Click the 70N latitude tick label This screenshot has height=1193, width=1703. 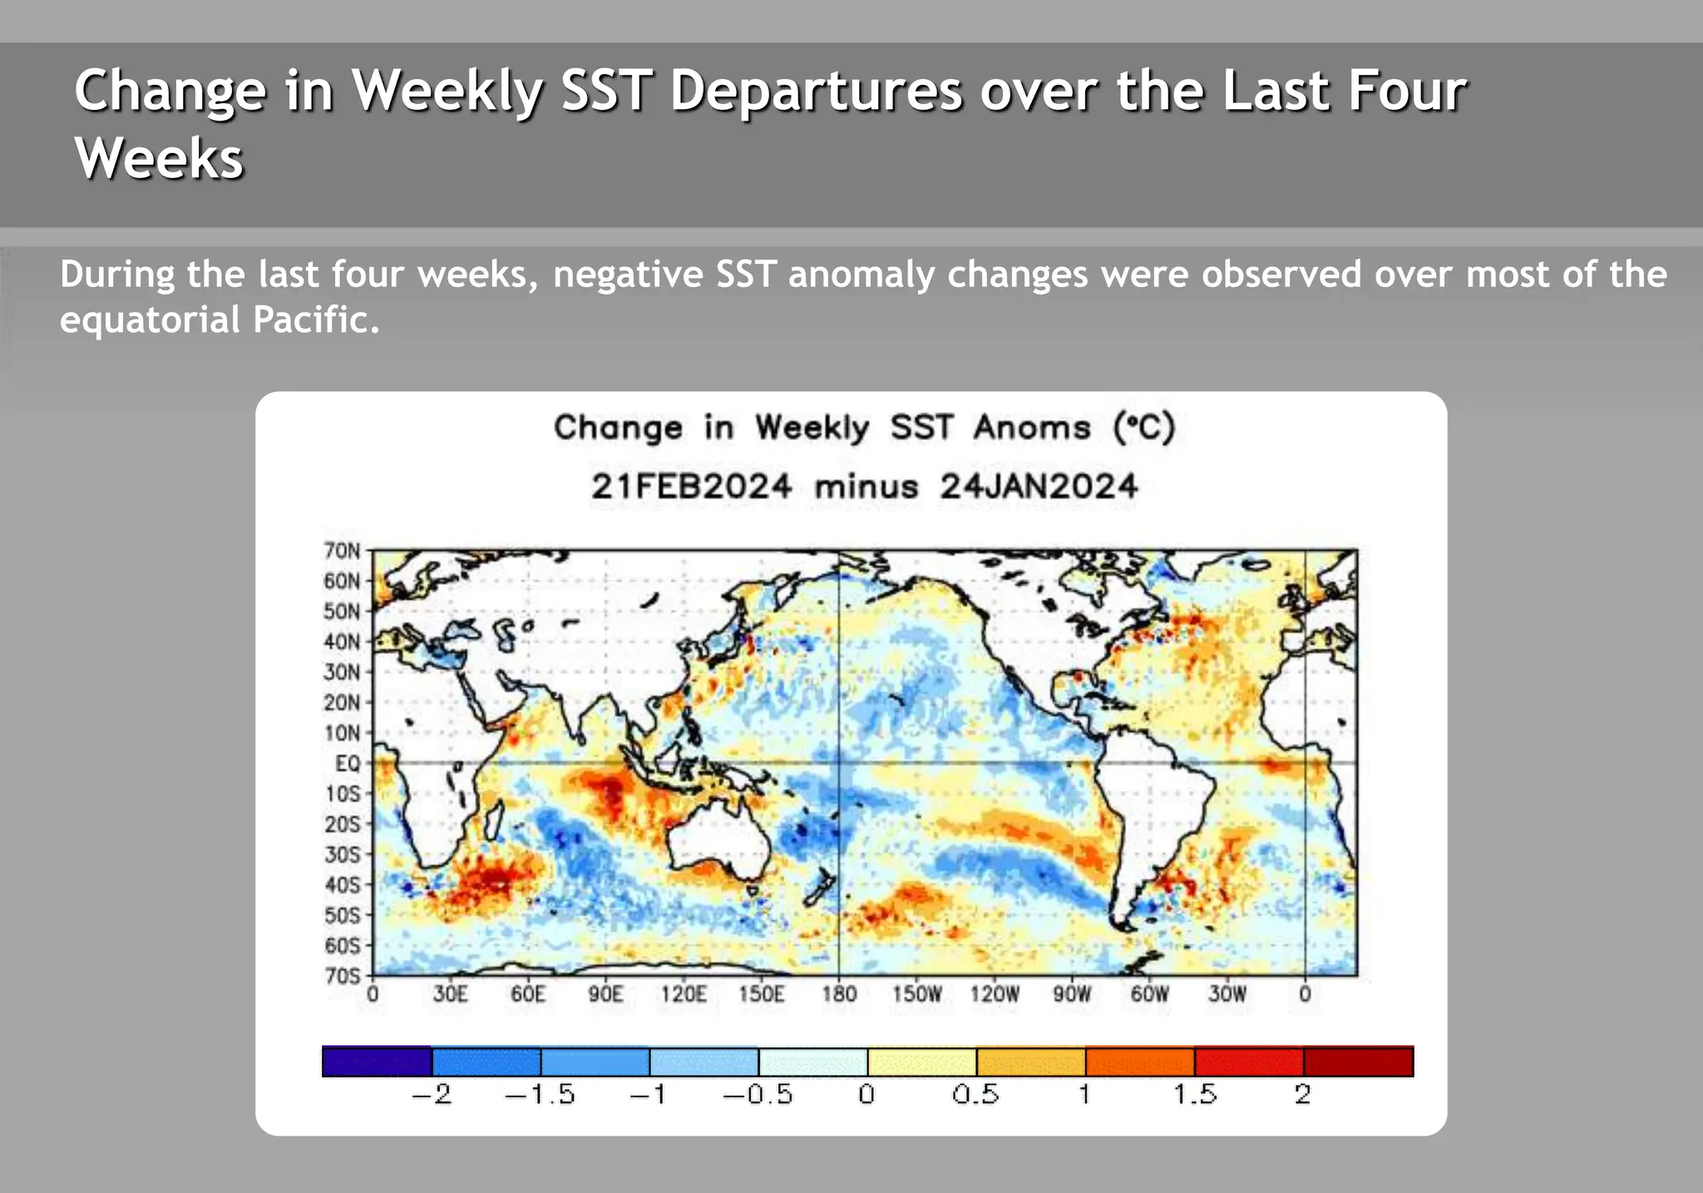(342, 551)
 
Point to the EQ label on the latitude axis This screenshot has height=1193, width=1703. (348, 763)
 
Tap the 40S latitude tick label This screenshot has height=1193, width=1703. (342, 884)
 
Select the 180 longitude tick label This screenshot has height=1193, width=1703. (838, 994)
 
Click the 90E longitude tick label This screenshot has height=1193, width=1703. (605, 994)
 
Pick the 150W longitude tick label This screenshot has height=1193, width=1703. (916, 994)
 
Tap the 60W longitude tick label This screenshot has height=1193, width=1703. (1149, 994)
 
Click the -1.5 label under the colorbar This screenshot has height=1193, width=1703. (541, 1094)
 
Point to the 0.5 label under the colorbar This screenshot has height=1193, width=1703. (975, 1094)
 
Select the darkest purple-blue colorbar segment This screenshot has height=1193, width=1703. (377, 1062)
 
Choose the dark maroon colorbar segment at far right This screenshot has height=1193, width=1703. (1358, 1062)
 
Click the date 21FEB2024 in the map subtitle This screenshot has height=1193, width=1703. (691, 486)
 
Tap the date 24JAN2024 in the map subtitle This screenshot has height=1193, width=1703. (1039, 486)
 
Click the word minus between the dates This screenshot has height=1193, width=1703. (866, 487)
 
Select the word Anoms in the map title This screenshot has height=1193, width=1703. (1031, 428)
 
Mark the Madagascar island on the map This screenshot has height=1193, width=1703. (494, 819)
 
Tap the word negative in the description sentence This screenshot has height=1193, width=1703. (628, 275)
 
